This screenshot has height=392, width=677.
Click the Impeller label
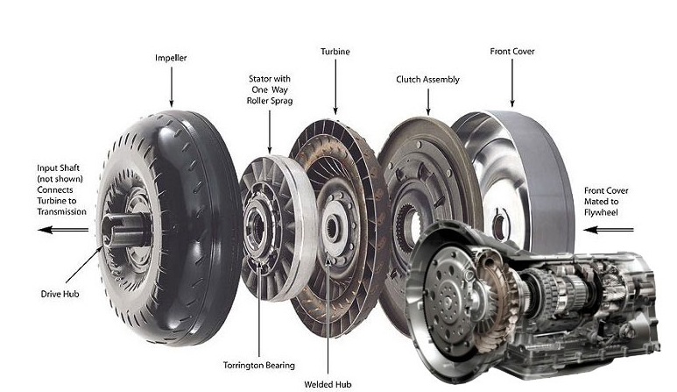171,58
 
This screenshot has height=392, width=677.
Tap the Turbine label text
335,52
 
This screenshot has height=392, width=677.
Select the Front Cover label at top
512,51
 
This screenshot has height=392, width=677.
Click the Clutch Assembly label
427,80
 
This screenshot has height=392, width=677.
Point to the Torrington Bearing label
259,365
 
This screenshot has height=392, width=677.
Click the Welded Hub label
328,384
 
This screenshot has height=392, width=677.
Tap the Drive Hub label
60,294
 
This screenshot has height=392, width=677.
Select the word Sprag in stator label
281,101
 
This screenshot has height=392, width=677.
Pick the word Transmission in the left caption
61,211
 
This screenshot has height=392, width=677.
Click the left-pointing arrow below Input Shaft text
63,230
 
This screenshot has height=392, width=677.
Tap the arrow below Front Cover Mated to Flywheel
609,230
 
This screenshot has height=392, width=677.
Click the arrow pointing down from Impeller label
172,87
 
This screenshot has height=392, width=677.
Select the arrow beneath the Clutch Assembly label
428,102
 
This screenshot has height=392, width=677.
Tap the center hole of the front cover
500,224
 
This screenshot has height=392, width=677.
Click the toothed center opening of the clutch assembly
409,227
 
